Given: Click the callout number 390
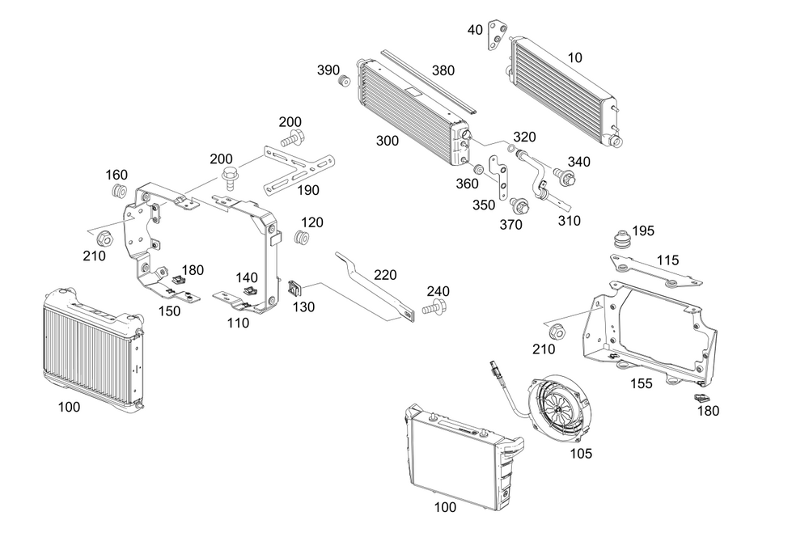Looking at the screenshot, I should click(328, 70).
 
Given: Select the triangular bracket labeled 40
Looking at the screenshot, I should click(498, 36).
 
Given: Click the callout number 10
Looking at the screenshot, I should click(574, 57).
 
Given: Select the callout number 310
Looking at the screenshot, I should click(569, 220).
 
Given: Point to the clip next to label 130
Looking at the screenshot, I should click(295, 287).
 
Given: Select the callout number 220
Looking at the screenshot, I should click(385, 275).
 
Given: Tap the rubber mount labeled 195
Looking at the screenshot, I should click(622, 240).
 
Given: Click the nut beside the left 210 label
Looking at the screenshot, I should click(104, 240).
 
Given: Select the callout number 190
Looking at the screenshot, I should click(307, 191).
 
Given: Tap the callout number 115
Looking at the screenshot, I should click(667, 260).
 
